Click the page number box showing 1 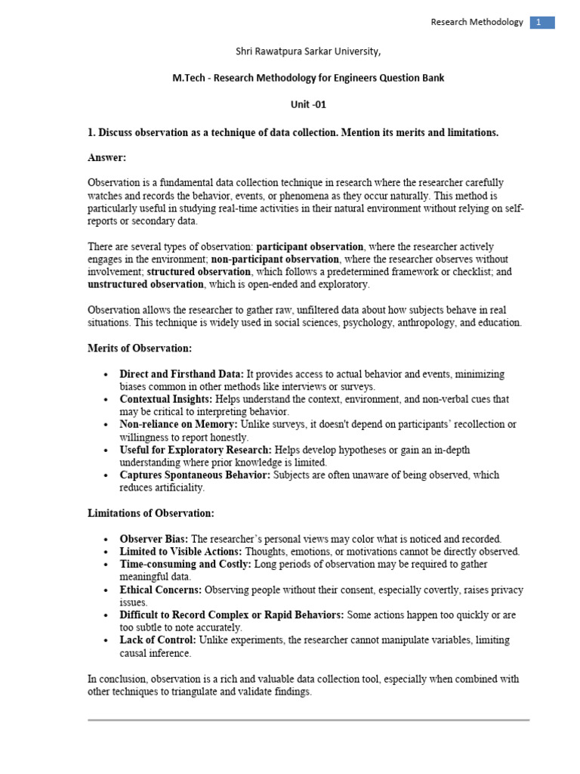[x=541, y=23]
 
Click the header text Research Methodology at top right [x=477, y=23]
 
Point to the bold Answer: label [x=107, y=158]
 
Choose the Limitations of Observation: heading [x=151, y=513]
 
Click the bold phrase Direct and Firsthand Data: [x=182, y=374]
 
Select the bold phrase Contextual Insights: [x=166, y=399]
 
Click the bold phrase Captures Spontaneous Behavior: [x=196, y=475]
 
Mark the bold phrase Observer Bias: [x=154, y=539]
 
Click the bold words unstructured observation [x=146, y=284]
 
